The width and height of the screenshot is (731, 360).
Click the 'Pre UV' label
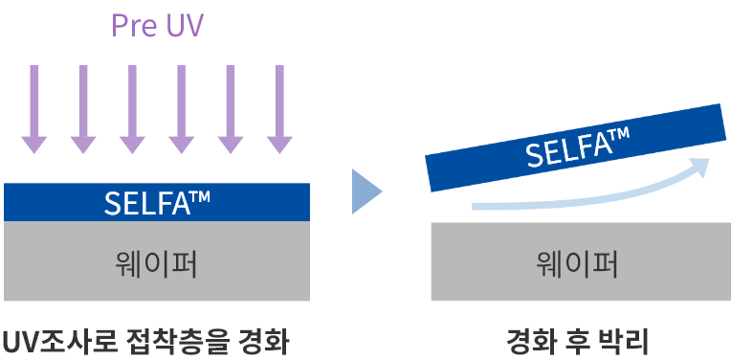[x=157, y=25]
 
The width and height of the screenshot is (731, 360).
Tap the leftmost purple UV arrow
[x=34, y=109]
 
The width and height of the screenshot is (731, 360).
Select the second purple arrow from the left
[x=83, y=109]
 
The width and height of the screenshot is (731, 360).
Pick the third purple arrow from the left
[x=132, y=109]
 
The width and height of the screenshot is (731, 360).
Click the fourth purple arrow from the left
[x=181, y=109]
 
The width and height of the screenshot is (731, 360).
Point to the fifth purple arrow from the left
[x=230, y=109]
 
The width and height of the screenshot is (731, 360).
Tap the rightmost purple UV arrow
[x=278, y=109]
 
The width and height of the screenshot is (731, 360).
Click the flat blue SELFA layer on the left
[x=157, y=202]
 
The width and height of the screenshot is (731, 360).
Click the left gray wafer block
[x=157, y=261]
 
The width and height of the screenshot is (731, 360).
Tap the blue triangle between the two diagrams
[x=366, y=191]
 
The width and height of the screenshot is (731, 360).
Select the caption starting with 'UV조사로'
[x=145, y=340]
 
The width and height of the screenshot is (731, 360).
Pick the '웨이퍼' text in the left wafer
[x=157, y=262]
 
